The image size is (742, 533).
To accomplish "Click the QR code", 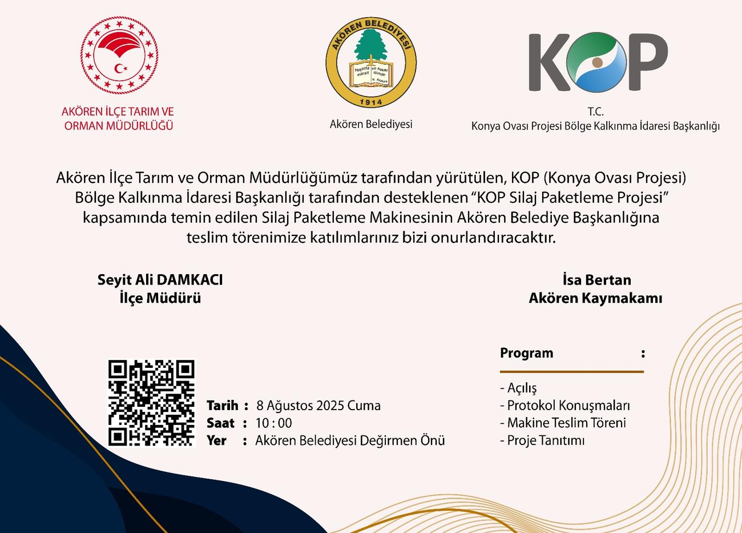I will click(151, 403).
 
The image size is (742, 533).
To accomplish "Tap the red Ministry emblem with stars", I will click(119, 56).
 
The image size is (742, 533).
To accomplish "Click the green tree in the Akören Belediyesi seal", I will click(370, 43).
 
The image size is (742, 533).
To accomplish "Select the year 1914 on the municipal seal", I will click(371, 101).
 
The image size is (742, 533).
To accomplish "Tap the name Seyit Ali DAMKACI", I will click(160, 280).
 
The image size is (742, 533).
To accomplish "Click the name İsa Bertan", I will click(596, 280).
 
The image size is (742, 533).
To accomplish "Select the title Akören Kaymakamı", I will click(595, 298).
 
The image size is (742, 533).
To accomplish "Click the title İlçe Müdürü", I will click(160, 298).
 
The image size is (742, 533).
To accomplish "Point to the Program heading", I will click(526, 353).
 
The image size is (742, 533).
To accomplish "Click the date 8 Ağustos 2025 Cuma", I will click(318, 406).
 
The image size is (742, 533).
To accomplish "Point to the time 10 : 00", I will click(273, 423).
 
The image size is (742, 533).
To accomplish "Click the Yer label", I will click(216, 441).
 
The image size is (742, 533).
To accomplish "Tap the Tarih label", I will click(222, 406).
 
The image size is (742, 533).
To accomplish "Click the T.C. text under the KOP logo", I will click(595, 113).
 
